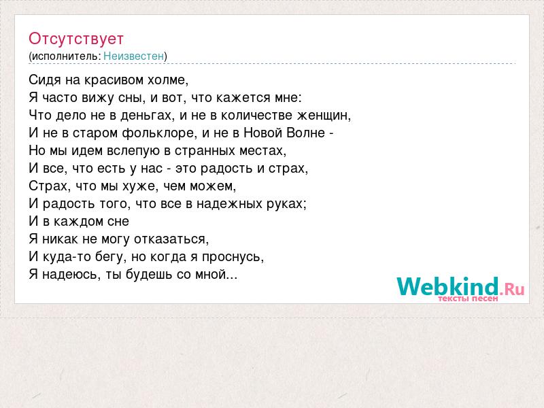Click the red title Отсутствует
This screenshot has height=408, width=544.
click(x=76, y=39)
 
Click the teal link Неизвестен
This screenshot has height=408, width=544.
click(x=133, y=56)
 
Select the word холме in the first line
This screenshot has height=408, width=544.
click(x=168, y=80)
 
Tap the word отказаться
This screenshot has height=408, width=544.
click(x=171, y=239)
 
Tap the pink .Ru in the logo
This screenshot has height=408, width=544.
click(x=512, y=288)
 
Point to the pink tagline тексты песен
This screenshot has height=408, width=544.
click(x=468, y=299)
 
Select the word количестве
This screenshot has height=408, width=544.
click(x=256, y=115)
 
